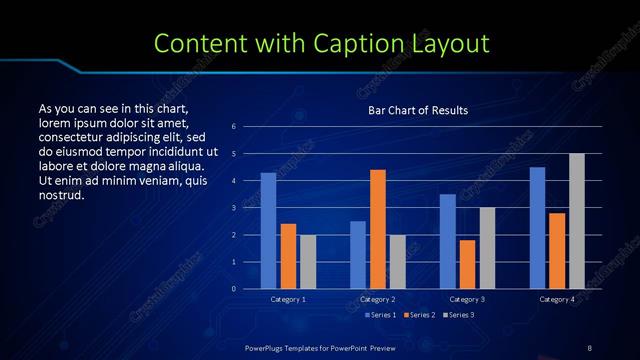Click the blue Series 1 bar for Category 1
tap(268, 231)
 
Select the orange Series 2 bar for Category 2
tap(377, 229)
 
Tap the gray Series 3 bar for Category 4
tap(577, 221)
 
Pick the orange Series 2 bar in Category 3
tap(467, 264)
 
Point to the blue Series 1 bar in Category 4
tap(537, 228)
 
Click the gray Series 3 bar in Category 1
tap(308, 262)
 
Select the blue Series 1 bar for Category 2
tap(357, 255)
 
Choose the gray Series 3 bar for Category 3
tap(487, 248)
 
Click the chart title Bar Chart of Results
tap(418, 110)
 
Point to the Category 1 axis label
tap(288, 299)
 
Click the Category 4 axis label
tap(557, 299)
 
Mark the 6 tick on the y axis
tap(233, 127)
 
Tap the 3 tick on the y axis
tap(233, 208)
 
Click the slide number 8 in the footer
tap(589, 347)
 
